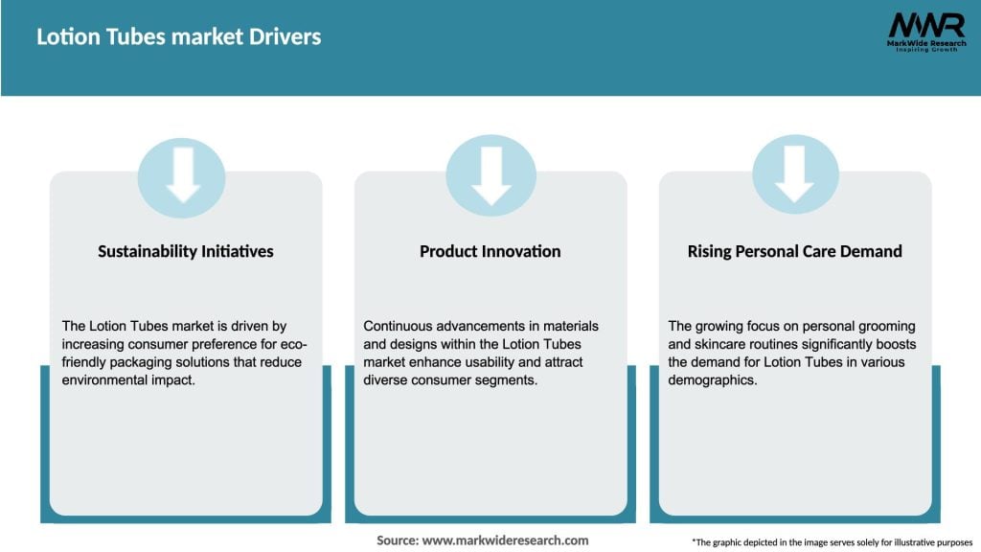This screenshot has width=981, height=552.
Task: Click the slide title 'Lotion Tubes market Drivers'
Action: pos(179,37)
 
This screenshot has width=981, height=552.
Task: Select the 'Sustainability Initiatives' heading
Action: pos(186,251)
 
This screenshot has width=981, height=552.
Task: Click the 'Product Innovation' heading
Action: pos(490,251)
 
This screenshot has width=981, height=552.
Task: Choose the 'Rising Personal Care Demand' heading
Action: pos(794,251)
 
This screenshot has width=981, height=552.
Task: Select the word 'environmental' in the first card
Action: pos(106,379)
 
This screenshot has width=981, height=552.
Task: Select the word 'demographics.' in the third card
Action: pos(714,379)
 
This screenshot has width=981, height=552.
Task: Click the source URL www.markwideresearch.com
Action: pos(505,540)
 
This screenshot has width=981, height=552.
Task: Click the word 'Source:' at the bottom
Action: pos(398,540)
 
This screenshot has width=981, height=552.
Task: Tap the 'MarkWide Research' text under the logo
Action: pos(925,43)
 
